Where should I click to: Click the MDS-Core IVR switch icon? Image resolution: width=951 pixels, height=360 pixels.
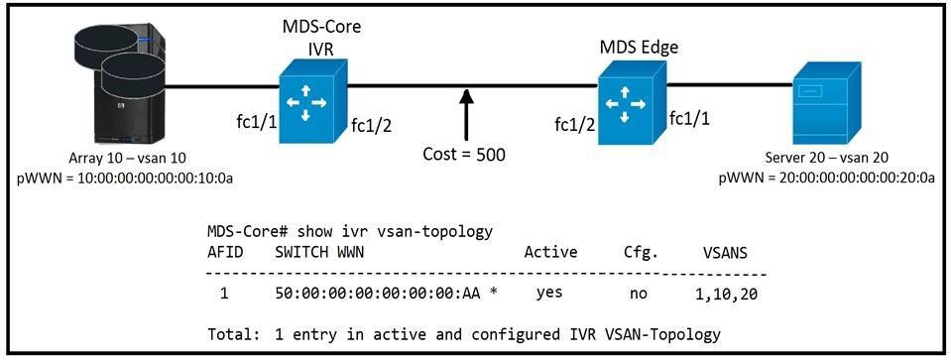312,100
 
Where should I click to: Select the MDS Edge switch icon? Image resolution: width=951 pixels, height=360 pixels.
632,102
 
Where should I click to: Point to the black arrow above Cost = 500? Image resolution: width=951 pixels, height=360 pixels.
465,115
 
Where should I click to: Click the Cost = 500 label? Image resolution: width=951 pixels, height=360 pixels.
464,154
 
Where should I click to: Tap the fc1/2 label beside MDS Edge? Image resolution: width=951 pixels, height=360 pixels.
575,125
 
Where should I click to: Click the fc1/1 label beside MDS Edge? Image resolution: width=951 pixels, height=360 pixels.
689,118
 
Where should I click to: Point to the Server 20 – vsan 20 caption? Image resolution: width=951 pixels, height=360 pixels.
827,159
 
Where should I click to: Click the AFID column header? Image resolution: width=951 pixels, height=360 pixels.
225,252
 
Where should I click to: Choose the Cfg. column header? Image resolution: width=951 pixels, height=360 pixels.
640,253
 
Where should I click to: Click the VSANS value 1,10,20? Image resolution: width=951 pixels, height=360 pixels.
725,295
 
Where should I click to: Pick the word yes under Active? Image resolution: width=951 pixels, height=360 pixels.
549,293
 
